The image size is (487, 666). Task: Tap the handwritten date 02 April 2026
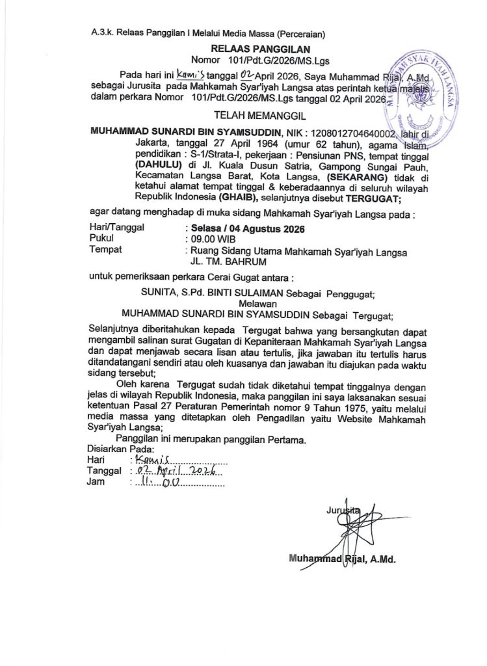click(x=174, y=471)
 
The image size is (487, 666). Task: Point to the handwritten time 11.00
click(x=156, y=483)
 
